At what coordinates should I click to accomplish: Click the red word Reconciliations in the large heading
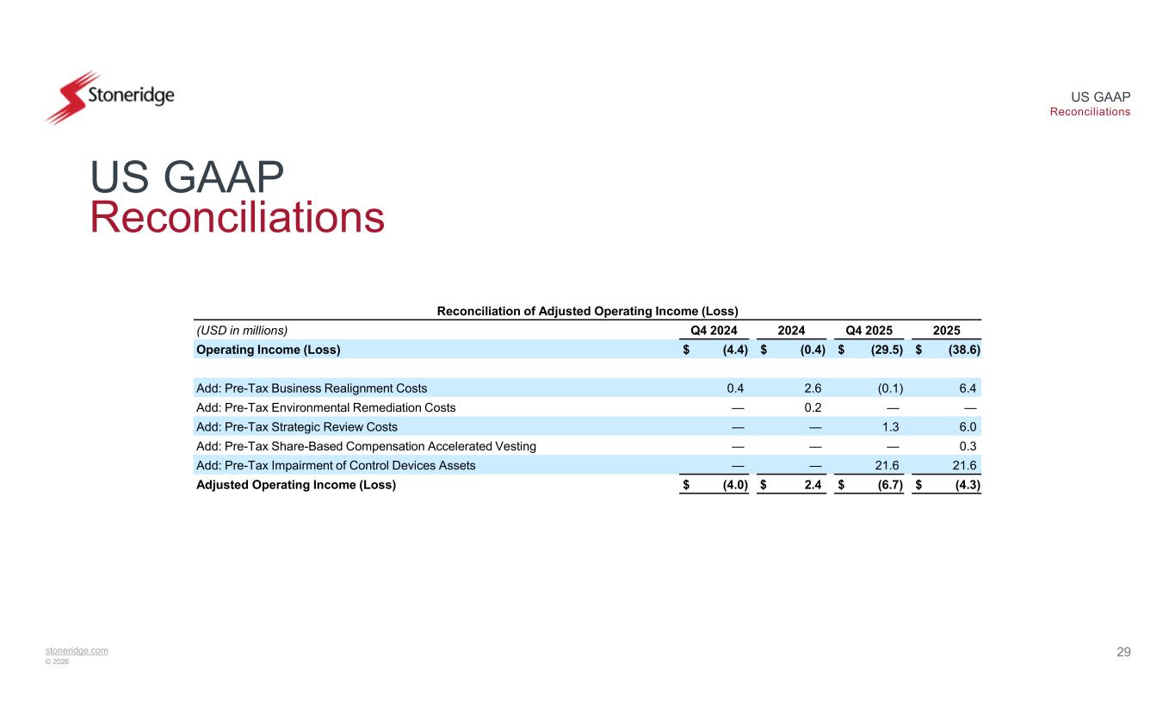237,218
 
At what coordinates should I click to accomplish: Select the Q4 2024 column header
717,329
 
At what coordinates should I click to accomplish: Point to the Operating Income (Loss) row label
269,350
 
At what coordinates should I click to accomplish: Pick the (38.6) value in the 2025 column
964,350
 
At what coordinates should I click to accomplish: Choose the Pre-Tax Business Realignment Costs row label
312,388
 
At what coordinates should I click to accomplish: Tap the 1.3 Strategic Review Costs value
892,426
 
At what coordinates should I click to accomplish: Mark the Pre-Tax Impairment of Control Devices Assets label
336,465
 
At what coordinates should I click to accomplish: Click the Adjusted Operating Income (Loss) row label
296,484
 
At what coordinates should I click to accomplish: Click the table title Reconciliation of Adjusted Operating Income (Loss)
589,310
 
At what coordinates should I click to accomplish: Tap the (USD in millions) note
242,329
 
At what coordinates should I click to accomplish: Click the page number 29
1123,652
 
